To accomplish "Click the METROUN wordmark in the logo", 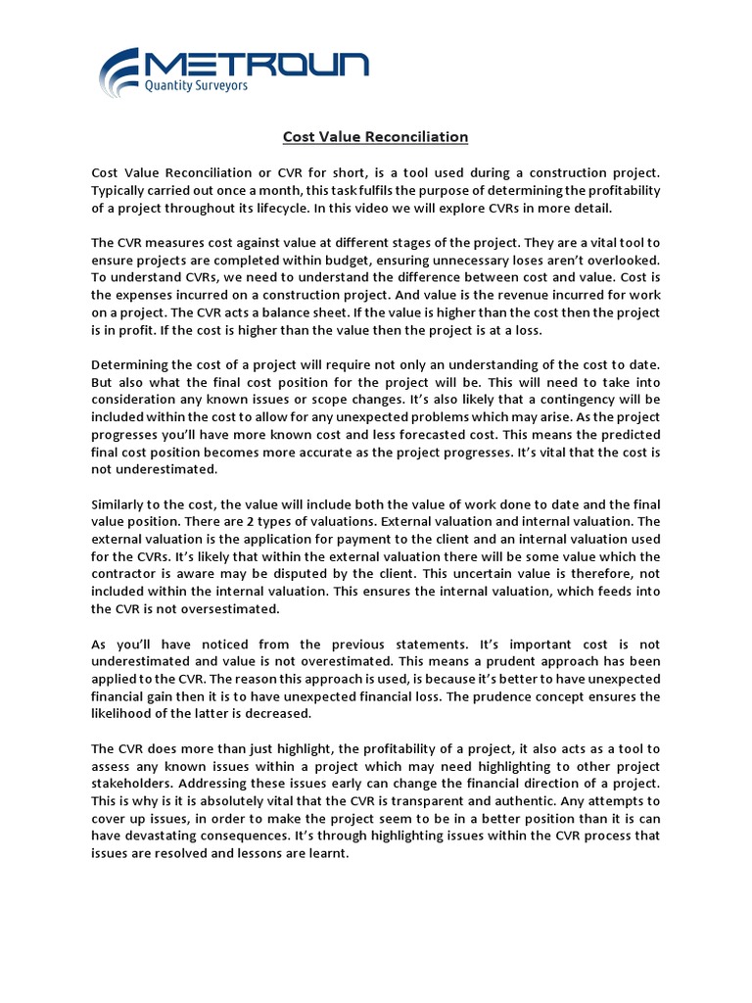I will point(258,65).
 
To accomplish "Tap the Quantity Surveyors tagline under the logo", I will point(196,86).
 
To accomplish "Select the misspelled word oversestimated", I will point(231,609).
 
